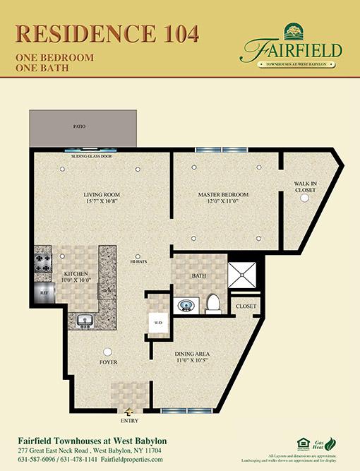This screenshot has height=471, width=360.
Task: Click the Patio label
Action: tap(79, 127)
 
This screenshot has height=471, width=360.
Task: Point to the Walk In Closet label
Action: tap(306, 186)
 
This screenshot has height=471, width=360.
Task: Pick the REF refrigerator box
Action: tap(42, 292)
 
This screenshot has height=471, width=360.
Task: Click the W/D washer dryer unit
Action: tap(155, 323)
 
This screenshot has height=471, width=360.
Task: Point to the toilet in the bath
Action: tap(214, 304)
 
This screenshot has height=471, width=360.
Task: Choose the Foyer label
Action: tap(108, 362)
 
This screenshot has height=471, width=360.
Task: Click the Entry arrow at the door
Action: tap(129, 412)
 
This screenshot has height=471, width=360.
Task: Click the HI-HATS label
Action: tap(138, 263)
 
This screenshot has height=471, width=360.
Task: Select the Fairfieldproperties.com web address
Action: tap(132, 460)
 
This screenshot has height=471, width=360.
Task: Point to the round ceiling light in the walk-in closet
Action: tap(305, 199)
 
